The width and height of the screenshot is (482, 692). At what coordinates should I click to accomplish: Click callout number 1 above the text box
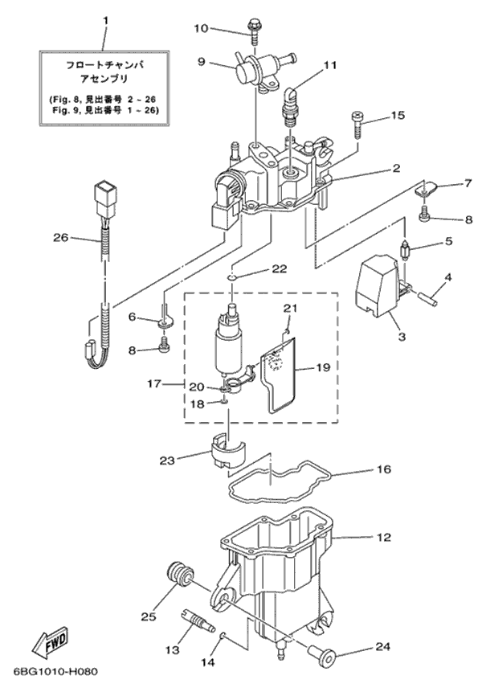105,18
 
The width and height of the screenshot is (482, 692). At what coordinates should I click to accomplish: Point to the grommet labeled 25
179,575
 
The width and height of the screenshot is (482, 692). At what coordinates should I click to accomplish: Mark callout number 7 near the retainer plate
443,184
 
